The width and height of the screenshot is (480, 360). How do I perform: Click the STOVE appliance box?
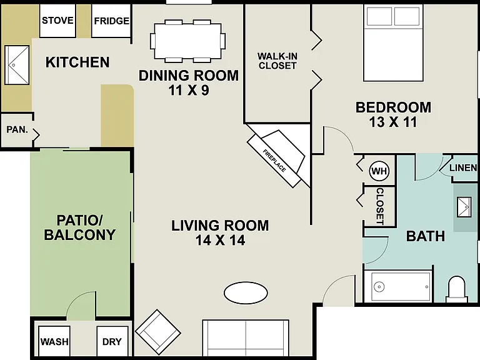tap(57, 21)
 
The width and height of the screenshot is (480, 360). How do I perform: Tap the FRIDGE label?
tap(112, 21)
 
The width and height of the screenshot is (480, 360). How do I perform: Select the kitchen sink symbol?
tap(17, 65)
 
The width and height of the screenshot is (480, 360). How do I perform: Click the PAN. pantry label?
tap(17, 129)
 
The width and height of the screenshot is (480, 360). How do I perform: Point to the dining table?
tap(188, 41)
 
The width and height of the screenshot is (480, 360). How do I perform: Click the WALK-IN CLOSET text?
tap(277, 61)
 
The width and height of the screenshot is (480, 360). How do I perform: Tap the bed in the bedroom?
tap(393, 43)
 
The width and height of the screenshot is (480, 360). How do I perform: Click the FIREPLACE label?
tap(274, 161)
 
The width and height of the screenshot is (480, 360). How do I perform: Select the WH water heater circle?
tap(379, 171)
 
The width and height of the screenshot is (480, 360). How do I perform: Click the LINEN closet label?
tap(463, 167)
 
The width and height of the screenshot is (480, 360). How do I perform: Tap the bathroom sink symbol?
tap(464, 207)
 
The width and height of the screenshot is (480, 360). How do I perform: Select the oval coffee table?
tap(246, 293)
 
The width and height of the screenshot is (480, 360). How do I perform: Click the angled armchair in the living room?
tap(158, 332)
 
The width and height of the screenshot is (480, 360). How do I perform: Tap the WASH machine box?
tap(54, 341)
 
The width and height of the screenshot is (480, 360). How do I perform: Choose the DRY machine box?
tap(112, 341)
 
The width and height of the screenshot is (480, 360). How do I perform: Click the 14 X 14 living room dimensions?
tap(220, 240)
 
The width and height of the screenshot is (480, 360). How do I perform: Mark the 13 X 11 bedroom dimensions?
tap(393, 122)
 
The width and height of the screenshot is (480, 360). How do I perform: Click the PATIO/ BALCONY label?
tap(79, 227)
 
